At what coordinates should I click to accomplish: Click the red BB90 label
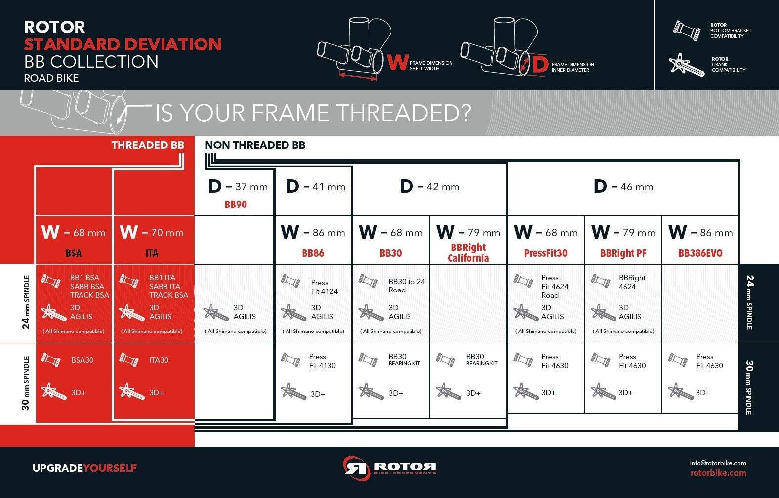(x=236, y=204)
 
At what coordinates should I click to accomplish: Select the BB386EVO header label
(x=700, y=253)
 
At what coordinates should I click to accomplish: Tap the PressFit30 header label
(x=545, y=253)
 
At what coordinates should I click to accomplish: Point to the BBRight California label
(x=468, y=252)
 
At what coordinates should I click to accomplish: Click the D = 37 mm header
(x=238, y=186)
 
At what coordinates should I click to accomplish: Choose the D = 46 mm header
(x=623, y=186)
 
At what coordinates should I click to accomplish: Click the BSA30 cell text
(x=82, y=360)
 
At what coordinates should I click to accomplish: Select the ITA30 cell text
(x=159, y=360)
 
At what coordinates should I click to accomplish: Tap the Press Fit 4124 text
(x=324, y=287)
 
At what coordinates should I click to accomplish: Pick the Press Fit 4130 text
(x=323, y=361)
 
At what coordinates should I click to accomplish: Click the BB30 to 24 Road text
(x=407, y=286)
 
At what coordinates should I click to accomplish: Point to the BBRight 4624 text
(x=632, y=282)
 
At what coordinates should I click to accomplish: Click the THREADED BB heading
(x=148, y=145)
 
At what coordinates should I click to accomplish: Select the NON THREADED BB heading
(x=255, y=145)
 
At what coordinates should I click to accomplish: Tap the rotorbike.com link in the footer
(x=718, y=473)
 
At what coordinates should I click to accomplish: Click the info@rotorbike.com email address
(x=718, y=463)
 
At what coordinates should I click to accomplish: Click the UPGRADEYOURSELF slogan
(x=84, y=468)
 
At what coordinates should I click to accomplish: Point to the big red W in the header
(x=398, y=63)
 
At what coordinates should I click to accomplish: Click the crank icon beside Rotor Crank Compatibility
(x=686, y=65)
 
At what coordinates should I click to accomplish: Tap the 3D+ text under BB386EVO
(x=703, y=393)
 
